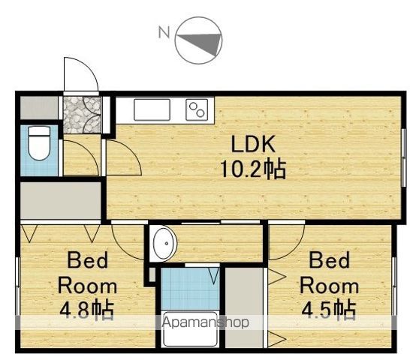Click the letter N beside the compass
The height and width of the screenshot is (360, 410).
[x=164, y=32]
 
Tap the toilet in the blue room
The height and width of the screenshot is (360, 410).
[x=39, y=143]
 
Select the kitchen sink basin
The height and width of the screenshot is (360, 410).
[x=152, y=109]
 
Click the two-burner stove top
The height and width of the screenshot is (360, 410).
[x=197, y=109]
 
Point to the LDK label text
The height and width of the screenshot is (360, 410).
[x=253, y=144]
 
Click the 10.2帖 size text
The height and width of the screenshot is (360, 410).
[x=253, y=169]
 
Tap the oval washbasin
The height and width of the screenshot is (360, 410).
[x=164, y=244]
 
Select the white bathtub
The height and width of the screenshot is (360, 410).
[x=190, y=329]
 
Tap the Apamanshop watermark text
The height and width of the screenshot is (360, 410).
[x=205, y=322]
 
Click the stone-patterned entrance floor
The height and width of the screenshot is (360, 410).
[x=82, y=115]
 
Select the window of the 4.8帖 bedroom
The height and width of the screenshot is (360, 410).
[x=18, y=286]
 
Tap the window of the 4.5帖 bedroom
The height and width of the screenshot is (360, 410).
[x=394, y=286]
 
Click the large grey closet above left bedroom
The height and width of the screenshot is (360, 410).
[x=61, y=200]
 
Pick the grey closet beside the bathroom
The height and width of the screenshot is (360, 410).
[x=244, y=307]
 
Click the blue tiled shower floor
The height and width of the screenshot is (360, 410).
[x=190, y=288]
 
